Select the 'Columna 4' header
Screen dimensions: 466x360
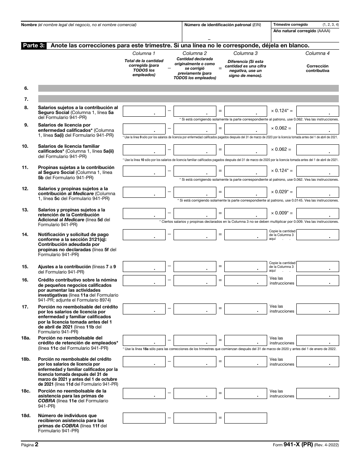317,53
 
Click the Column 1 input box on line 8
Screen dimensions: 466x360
144,111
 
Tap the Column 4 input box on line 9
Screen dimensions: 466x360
317,128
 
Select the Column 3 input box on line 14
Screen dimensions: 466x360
246,235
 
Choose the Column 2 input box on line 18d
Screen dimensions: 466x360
195,418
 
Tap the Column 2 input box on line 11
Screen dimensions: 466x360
195,171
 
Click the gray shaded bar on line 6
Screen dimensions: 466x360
188,88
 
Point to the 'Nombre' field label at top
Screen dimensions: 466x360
29,25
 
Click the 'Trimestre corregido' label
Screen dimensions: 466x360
291,24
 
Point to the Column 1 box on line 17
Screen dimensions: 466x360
144,309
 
